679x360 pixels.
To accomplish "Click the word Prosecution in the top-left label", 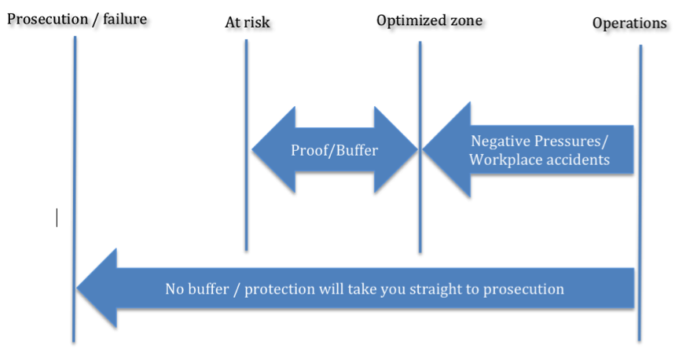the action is click(x=48, y=19).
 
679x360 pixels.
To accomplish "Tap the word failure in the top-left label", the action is click(x=125, y=19).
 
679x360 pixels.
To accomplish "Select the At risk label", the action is click(x=248, y=22).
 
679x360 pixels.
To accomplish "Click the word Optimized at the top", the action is click(x=406, y=20).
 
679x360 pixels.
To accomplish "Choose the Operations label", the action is click(x=629, y=23).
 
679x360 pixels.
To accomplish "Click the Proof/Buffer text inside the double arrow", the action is click(x=334, y=150).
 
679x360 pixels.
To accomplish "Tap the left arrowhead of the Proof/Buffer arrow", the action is click(x=273, y=150).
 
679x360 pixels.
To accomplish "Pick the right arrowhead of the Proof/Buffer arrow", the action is click(x=396, y=150).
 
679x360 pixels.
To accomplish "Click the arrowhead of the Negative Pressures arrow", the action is click(x=446, y=150).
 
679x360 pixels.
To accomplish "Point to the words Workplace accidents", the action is click(x=539, y=160).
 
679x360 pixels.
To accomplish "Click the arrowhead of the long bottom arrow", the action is click(x=97, y=288).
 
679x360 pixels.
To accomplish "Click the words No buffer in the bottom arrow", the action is click(x=197, y=288).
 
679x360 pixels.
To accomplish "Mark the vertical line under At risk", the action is click(x=247, y=145).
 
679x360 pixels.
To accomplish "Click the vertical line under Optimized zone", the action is click(x=420, y=147).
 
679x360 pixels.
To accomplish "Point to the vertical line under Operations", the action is click(x=640, y=193).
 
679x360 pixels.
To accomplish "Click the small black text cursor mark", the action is click(x=57, y=218).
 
